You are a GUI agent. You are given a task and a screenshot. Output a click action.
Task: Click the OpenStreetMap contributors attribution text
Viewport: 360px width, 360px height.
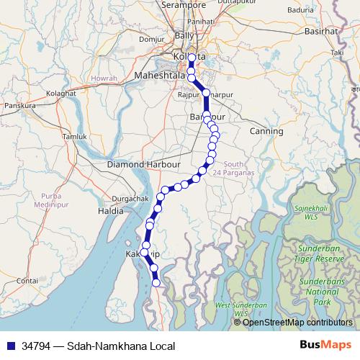pos(297,322)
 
